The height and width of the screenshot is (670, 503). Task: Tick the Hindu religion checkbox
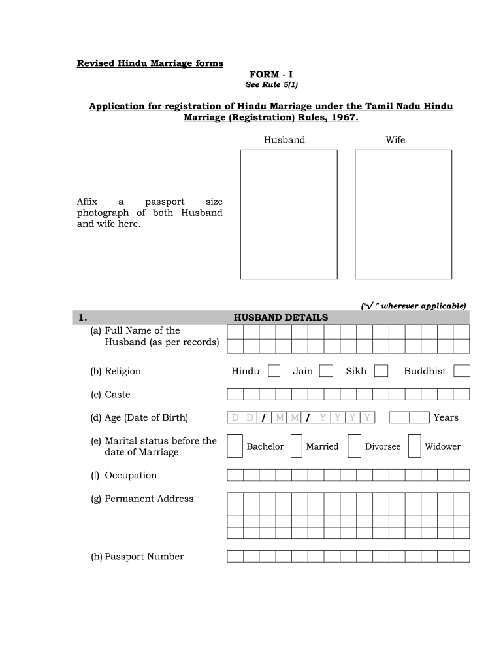[x=274, y=371]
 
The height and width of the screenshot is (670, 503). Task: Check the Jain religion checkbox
[x=326, y=371]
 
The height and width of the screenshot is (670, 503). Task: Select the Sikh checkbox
[x=381, y=371]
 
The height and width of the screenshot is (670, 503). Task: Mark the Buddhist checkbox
[x=462, y=371]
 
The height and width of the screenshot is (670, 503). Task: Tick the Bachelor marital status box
[x=235, y=446]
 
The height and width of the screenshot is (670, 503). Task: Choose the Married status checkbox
[x=296, y=446]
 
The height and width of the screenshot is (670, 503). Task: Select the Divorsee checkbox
[x=355, y=446]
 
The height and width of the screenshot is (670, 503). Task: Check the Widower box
[x=414, y=446]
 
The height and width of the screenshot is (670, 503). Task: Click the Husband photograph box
[x=289, y=215]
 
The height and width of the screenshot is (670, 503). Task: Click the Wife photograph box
[x=403, y=215]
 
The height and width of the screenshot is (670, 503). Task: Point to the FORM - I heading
[x=271, y=75]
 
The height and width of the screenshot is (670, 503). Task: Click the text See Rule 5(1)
[x=271, y=85]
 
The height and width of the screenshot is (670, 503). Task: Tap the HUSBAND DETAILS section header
[x=281, y=317]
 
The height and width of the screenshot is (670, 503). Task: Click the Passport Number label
[x=137, y=557]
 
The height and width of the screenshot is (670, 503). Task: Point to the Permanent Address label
[x=142, y=499]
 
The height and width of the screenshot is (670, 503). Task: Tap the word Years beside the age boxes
[x=446, y=417]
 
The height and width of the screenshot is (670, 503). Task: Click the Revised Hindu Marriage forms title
[x=150, y=63]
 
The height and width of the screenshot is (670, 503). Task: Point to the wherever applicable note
[x=414, y=306]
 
